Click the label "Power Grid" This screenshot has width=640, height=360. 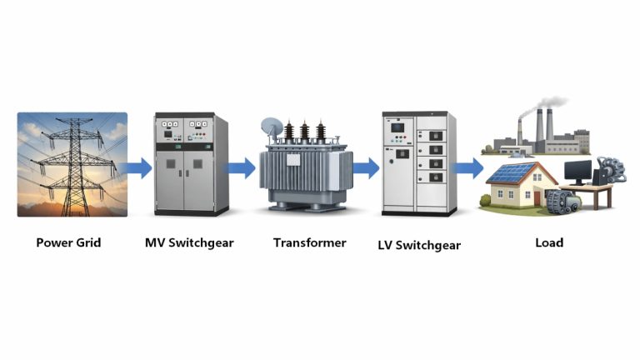(x=68, y=243)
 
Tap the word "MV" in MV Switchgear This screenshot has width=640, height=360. (x=153, y=243)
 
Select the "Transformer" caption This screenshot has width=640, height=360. (x=309, y=243)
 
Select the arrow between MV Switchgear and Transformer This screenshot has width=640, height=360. (x=242, y=169)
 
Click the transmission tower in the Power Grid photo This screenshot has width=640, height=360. (x=73, y=162)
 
